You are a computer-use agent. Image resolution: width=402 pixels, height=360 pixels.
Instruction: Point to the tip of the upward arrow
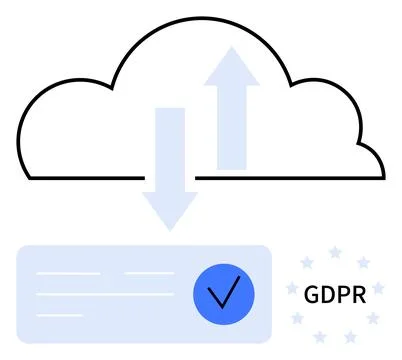click(x=231, y=47)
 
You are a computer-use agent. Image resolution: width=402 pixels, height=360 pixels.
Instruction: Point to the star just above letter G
click(x=307, y=263)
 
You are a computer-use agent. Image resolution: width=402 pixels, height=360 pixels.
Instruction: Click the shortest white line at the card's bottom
click(x=60, y=316)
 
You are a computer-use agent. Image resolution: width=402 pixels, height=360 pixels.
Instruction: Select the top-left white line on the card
click(x=68, y=273)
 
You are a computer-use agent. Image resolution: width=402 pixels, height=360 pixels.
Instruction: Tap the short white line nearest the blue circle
click(x=149, y=273)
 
